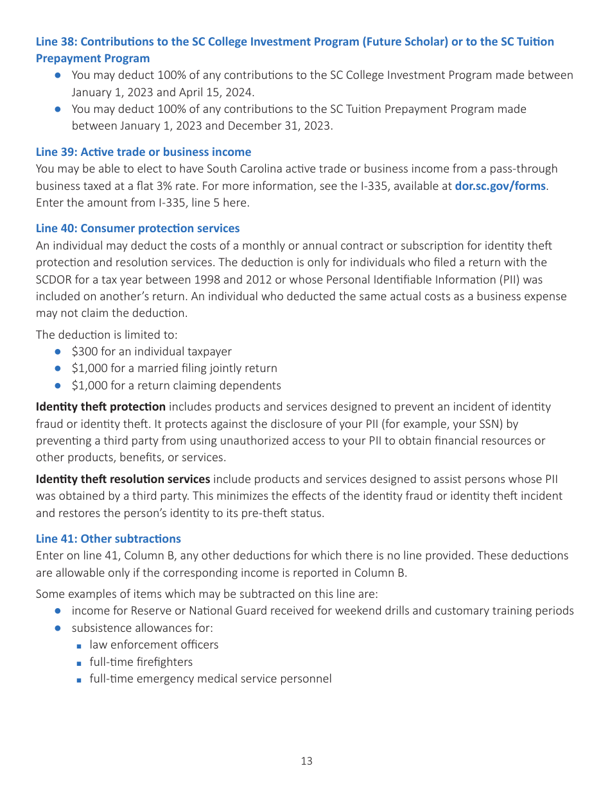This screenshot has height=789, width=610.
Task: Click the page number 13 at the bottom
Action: point(306,761)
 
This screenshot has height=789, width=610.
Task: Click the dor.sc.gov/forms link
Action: point(500,186)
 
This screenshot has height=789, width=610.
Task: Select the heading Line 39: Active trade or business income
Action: point(143,152)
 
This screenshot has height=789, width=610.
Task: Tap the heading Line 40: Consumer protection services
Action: point(137,228)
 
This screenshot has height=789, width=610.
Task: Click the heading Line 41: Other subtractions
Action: point(109,539)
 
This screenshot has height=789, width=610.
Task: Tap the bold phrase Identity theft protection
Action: point(101,407)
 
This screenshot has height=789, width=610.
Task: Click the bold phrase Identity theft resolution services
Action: point(123,479)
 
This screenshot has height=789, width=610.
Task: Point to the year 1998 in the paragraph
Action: point(209,280)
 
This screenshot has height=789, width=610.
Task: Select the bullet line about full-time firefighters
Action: point(141,662)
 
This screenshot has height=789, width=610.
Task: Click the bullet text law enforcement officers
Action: point(154,645)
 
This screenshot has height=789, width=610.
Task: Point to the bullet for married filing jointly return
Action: point(174,368)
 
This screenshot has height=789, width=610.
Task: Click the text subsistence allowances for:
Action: point(142,628)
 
